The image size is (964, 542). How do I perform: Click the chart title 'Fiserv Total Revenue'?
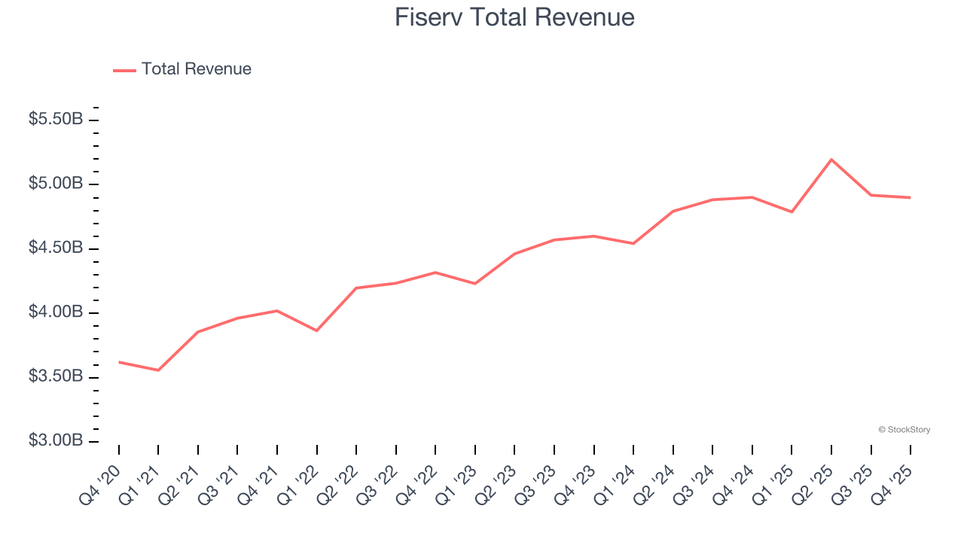tap(514, 17)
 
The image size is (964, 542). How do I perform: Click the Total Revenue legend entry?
tap(182, 69)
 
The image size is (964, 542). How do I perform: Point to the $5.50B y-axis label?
tap(56, 120)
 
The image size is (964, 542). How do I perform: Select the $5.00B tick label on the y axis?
tap(56, 184)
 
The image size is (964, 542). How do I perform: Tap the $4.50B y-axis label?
tap(56, 248)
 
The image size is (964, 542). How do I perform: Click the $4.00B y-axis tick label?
tap(56, 312)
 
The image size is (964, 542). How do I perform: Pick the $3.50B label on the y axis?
tap(56, 376)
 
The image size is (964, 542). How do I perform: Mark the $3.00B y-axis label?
tap(56, 440)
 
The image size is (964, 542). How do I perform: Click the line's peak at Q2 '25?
tap(831, 160)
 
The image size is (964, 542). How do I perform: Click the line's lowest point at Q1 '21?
tap(158, 370)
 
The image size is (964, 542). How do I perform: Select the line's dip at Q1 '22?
tap(316, 330)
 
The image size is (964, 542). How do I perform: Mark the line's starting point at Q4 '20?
tap(119, 362)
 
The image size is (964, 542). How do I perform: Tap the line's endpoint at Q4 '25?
tap(910, 197)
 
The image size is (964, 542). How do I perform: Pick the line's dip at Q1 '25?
tap(792, 212)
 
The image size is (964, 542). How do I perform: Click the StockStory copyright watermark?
tap(904, 430)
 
